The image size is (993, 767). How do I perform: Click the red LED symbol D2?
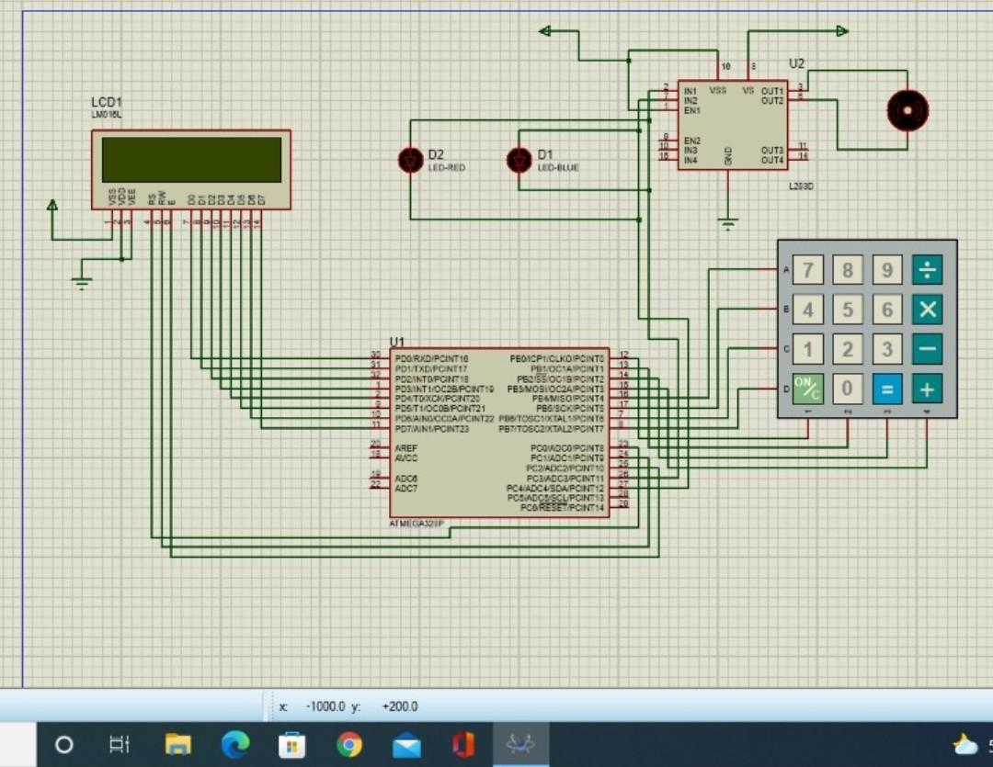pyautogui.click(x=410, y=161)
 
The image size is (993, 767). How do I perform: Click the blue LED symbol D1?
pyautogui.click(x=519, y=161)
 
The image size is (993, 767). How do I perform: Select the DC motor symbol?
pyautogui.click(x=907, y=110)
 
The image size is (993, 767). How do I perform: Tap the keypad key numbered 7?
pyautogui.click(x=808, y=270)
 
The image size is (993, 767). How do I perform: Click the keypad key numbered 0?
pyautogui.click(x=848, y=389)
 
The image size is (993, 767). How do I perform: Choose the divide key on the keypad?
pyautogui.click(x=927, y=270)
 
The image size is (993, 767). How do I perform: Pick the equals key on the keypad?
pyautogui.click(x=887, y=389)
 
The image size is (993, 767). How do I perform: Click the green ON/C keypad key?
pyautogui.click(x=808, y=389)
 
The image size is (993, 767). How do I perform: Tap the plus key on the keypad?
pyautogui.click(x=927, y=389)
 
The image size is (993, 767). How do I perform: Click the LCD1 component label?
pyautogui.click(x=107, y=102)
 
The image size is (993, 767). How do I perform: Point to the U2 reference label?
pyautogui.click(x=796, y=63)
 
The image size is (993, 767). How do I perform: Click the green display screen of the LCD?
pyautogui.click(x=191, y=160)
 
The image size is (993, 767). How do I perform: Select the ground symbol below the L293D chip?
pyautogui.click(x=727, y=223)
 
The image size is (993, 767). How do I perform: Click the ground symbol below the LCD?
pyautogui.click(x=82, y=283)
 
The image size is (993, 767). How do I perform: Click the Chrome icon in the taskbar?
pyautogui.click(x=348, y=744)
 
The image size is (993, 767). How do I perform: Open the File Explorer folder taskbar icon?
pyautogui.click(x=177, y=744)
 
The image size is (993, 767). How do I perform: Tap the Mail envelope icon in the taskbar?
pyautogui.click(x=406, y=745)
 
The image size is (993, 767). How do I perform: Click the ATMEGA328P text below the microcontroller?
pyautogui.click(x=417, y=523)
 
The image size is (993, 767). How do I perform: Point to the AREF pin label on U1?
pyautogui.click(x=405, y=447)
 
